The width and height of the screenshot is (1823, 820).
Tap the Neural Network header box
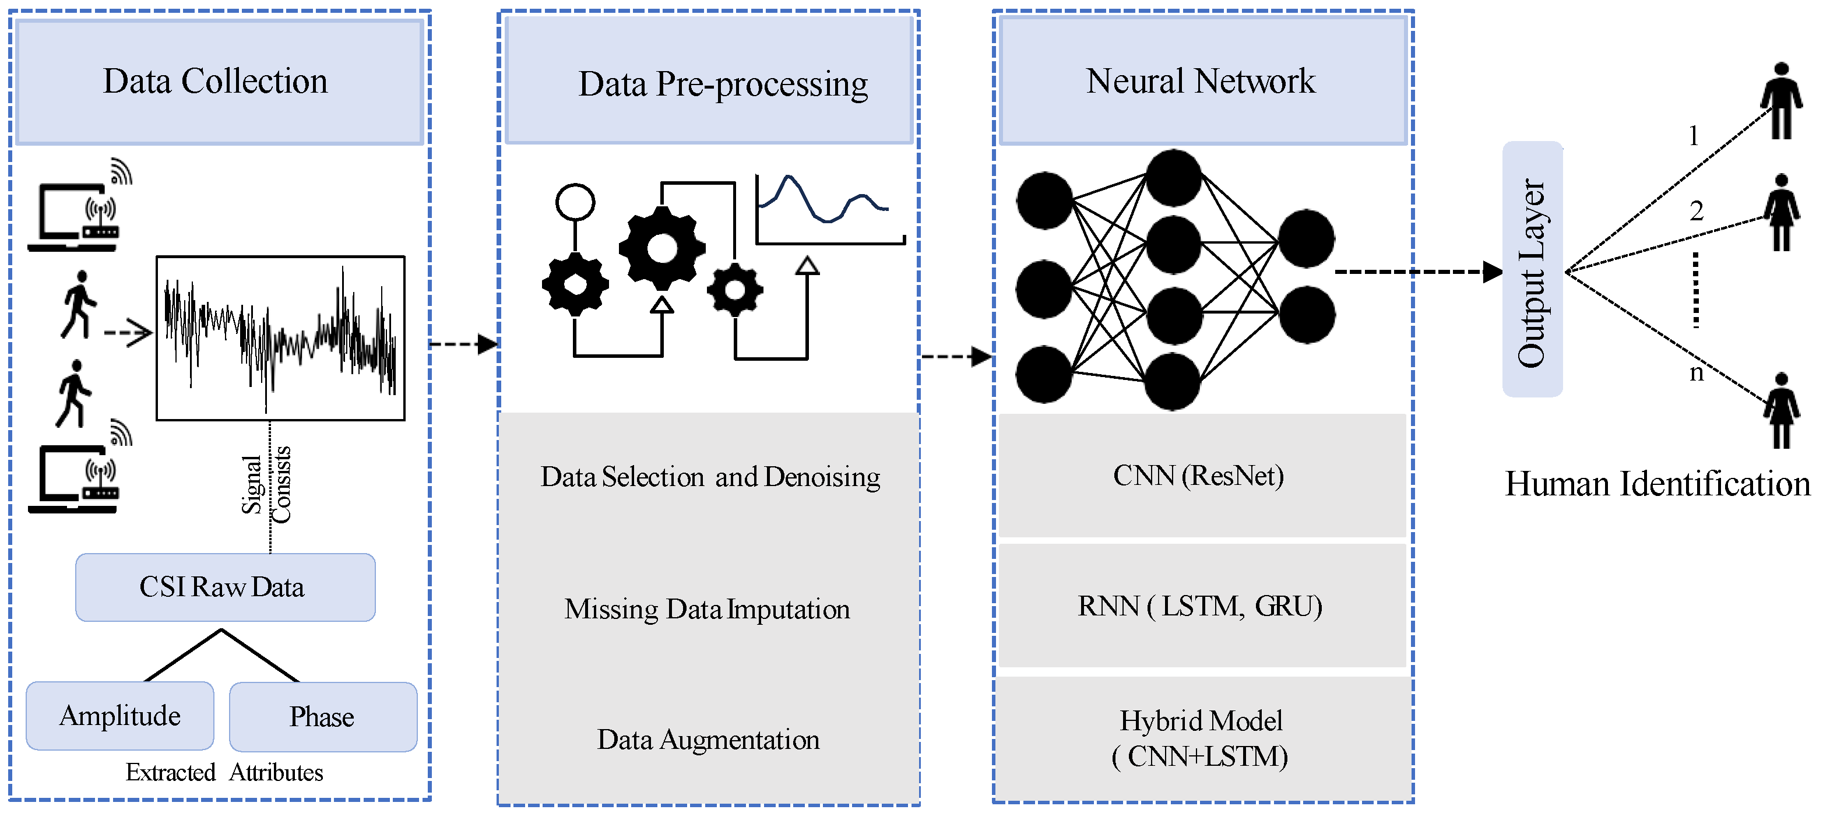[x=1202, y=82]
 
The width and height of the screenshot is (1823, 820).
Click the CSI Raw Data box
[x=225, y=587]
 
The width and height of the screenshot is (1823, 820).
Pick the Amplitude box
[x=119, y=716]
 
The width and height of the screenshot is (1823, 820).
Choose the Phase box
[x=323, y=717]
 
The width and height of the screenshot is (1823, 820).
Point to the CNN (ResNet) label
[x=1199, y=476]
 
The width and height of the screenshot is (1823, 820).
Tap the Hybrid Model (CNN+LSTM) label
[x=1200, y=738]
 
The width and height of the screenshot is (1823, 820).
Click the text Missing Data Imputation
[x=708, y=609]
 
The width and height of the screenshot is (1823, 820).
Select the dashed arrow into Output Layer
[x=1416, y=272]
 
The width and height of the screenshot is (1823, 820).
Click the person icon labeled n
[x=1781, y=410]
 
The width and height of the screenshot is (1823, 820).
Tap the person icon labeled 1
[x=1781, y=101]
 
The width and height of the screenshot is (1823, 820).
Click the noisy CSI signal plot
[x=280, y=338]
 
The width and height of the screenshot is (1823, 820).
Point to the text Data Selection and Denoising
[x=710, y=477]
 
